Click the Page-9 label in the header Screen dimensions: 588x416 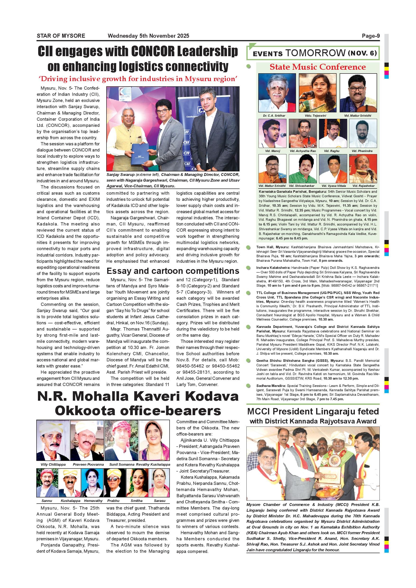coord(371,36)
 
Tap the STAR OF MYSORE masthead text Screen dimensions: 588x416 coord(61,36)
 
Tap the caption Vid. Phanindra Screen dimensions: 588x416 coord(362,151)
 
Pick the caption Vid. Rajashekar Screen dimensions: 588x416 coord(363,186)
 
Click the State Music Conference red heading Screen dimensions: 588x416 coord(318,67)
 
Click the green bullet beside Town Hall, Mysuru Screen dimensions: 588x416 coord(248,247)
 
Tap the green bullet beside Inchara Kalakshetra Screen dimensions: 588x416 coord(248,268)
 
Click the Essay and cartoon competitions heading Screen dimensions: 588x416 coord(173,271)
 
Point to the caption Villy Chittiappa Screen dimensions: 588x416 coord(53,464)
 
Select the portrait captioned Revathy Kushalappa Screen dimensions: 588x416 coord(154,440)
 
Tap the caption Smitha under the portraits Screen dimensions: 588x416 coord(137,501)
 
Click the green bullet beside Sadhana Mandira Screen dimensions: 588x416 coord(248,386)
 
